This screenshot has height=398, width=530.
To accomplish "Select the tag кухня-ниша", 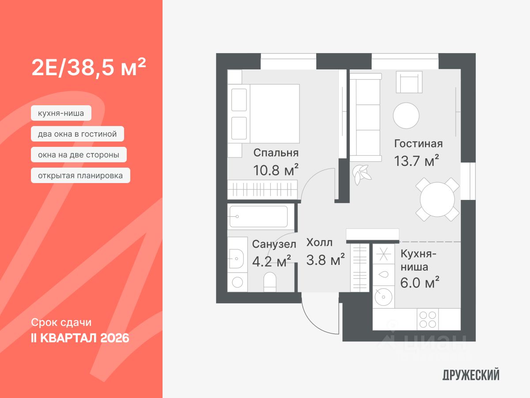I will tap(61, 113).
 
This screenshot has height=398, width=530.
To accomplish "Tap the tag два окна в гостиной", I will tap(77, 134).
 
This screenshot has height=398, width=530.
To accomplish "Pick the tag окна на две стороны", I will tap(79, 155).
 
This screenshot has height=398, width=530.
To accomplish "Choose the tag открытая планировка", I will tap(80, 176).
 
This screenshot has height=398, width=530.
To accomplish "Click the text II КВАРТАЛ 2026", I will tap(80, 338).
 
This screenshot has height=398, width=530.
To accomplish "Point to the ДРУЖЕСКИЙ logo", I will tap(471, 375).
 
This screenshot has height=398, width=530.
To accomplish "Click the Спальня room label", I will tap(276, 153).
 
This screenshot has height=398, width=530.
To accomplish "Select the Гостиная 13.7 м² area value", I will tap(416, 161).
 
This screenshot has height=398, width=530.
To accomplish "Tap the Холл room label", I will tap(320, 242).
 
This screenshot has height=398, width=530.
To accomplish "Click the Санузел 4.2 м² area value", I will tap(271, 261).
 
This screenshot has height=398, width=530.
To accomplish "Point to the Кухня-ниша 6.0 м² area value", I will tap(420, 282).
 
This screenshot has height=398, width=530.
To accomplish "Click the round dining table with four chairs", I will tap(437, 199).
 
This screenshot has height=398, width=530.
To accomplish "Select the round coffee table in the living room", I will tap(406, 115).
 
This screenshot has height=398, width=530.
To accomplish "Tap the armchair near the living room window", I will tap(409, 82).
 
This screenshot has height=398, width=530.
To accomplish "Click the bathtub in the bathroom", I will tap(259, 217).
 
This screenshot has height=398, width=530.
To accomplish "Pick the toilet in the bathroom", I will tap(269, 282).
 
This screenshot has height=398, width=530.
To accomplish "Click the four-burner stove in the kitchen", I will tap(428, 319).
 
